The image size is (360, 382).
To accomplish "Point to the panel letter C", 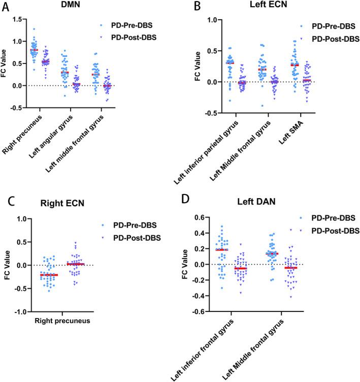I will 9,202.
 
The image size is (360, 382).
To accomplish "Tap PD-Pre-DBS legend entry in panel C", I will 138,225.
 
